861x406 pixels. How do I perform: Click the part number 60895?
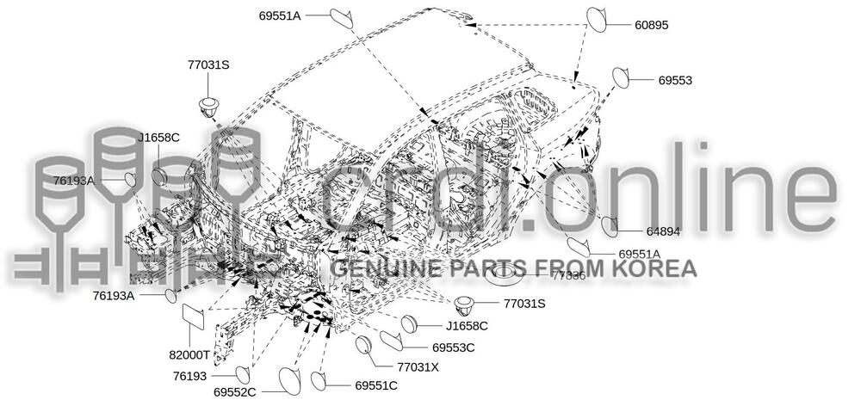click(x=651, y=25)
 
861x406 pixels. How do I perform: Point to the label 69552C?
click(x=235, y=391)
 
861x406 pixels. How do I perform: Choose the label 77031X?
click(x=418, y=366)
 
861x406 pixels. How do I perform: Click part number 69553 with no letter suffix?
click(x=676, y=80)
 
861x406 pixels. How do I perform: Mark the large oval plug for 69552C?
click(x=289, y=382)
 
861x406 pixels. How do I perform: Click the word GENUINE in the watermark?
click(x=374, y=268)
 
